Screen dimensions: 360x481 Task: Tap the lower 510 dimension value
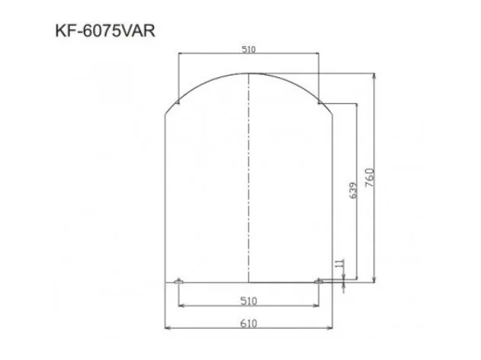[x=248, y=301]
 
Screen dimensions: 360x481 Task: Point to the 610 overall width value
[x=248, y=323]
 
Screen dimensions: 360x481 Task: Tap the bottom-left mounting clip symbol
[x=178, y=282]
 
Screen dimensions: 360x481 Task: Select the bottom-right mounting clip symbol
[x=319, y=282]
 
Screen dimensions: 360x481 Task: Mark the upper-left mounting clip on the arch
[x=178, y=100]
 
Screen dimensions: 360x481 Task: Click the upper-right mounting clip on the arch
[x=319, y=100]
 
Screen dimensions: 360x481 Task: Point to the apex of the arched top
[x=249, y=73]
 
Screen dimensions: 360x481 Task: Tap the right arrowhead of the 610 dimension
[x=330, y=329]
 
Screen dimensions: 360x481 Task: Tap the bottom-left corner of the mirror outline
[x=165, y=282]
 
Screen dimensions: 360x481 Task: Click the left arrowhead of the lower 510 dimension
[x=181, y=307]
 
